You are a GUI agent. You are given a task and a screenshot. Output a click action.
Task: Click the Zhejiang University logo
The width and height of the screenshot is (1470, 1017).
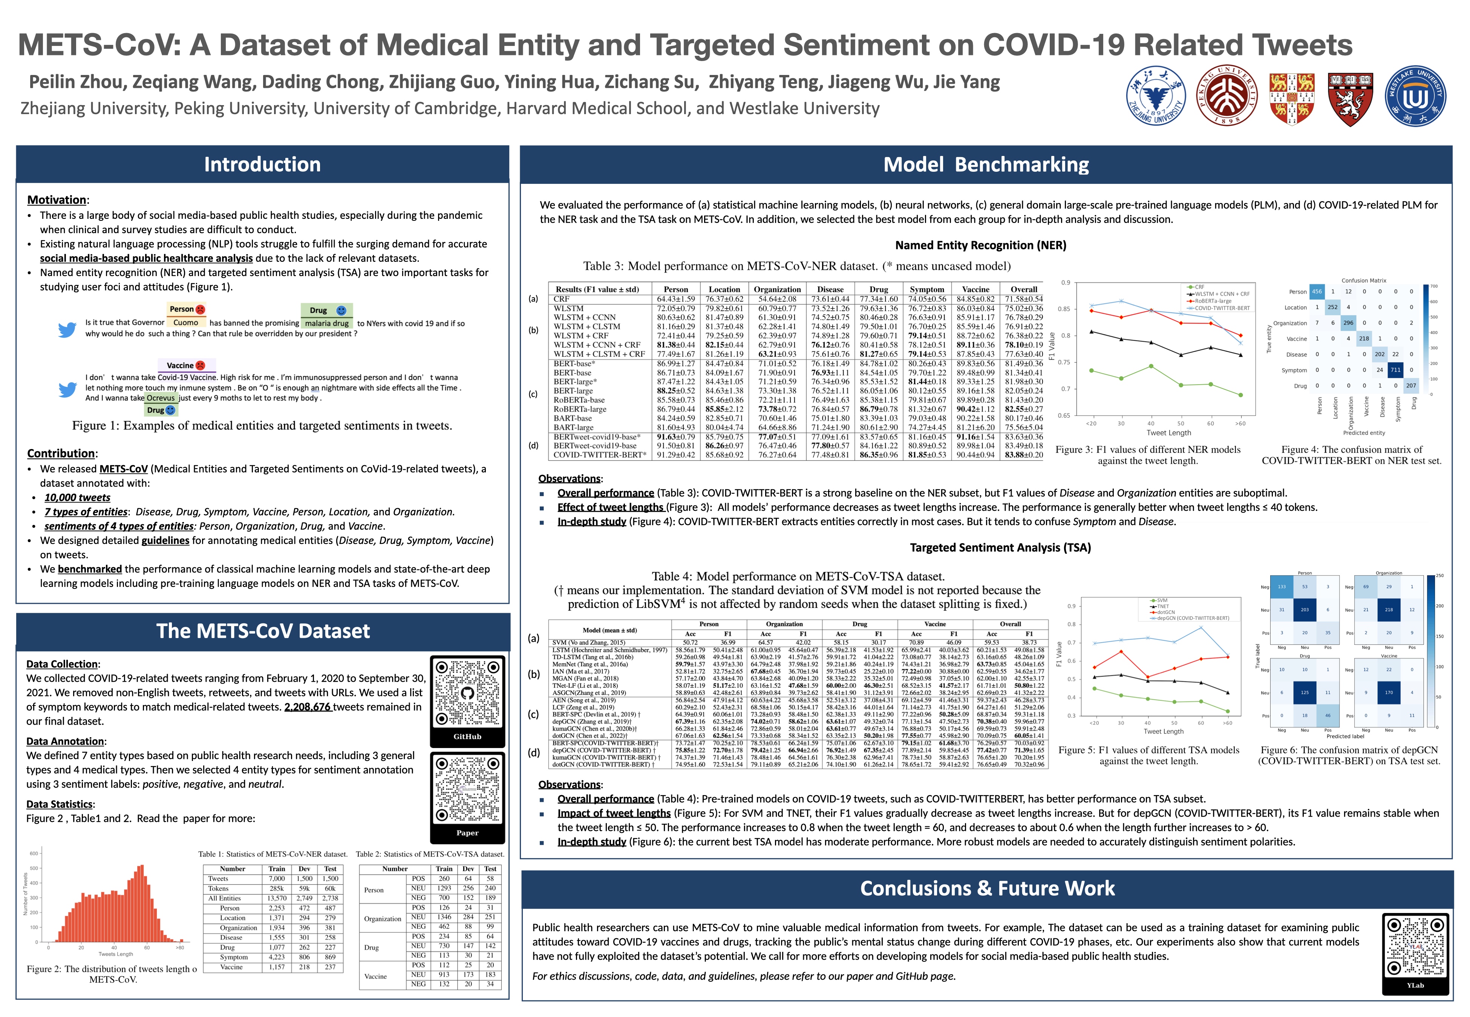[x=1156, y=96]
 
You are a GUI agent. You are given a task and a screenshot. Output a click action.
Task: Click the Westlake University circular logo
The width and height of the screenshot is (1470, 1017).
[x=1415, y=96]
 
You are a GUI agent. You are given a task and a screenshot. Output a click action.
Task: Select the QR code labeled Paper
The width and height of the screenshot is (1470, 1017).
[x=467, y=790]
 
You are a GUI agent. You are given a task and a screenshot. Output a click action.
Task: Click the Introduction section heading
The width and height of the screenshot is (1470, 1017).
[x=262, y=164]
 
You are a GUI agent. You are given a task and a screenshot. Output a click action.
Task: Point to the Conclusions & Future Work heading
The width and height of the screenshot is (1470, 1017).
[x=987, y=888]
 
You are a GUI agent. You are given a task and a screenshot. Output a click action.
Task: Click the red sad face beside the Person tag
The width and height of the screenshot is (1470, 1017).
[x=200, y=309]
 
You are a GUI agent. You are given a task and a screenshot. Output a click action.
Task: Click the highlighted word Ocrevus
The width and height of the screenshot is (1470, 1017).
[x=160, y=398]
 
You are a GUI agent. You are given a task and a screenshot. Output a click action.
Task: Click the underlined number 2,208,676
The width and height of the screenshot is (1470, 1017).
[x=307, y=707]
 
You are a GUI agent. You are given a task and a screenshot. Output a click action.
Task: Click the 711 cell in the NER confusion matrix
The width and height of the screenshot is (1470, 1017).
[x=1395, y=370]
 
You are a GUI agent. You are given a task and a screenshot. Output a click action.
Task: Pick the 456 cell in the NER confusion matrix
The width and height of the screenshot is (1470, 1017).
[x=1316, y=291]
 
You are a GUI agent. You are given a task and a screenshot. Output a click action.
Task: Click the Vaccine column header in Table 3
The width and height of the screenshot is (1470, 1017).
[x=975, y=289]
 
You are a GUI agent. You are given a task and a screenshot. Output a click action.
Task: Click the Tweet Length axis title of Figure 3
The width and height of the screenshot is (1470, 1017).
[x=1168, y=433]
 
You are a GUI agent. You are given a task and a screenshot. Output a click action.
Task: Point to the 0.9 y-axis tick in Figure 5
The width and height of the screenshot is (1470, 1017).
[x=1072, y=606]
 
